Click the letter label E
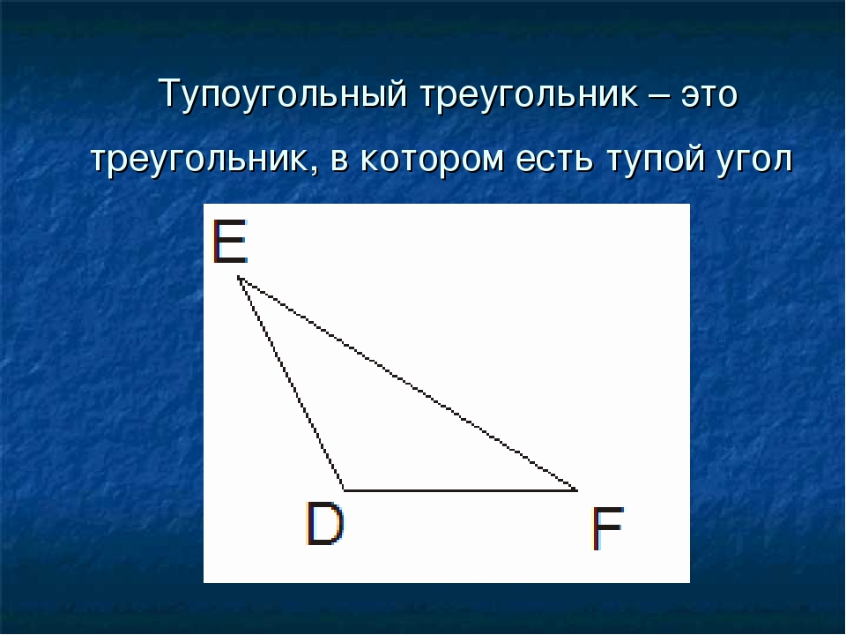[x=230, y=243]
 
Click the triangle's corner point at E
[x=238, y=278]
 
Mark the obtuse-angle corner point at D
[x=344, y=489]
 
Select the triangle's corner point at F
[x=575, y=489]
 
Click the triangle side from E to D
[x=291, y=384]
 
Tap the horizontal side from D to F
[x=458, y=489]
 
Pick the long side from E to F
[x=407, y=384]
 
